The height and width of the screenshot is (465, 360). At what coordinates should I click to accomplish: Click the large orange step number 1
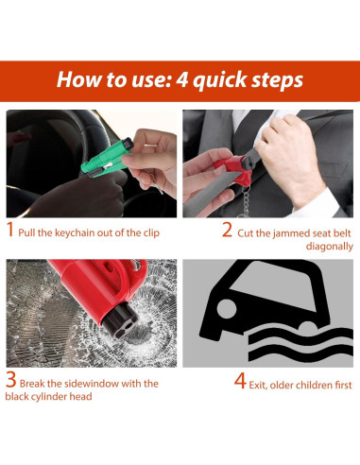pos(10,229)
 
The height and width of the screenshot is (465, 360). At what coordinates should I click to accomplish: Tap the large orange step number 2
pos(227,230)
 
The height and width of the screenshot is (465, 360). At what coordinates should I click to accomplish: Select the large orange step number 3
pos(11,380)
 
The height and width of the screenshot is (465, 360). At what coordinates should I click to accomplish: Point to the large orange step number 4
pos(240,381)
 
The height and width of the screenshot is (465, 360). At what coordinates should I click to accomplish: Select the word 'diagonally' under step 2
pos(330,247)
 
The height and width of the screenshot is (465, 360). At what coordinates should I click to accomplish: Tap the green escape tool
pos(107,158)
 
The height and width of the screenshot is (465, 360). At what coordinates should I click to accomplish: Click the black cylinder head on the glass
pos(120,319)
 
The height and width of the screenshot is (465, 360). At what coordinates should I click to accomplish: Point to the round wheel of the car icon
pos(227,309)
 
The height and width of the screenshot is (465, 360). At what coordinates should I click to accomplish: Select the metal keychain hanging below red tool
pos(244,201)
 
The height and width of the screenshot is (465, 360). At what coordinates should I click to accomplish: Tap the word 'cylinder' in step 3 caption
pos(50,396)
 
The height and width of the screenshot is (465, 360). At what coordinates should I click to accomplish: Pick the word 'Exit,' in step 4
pos(258,385)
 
